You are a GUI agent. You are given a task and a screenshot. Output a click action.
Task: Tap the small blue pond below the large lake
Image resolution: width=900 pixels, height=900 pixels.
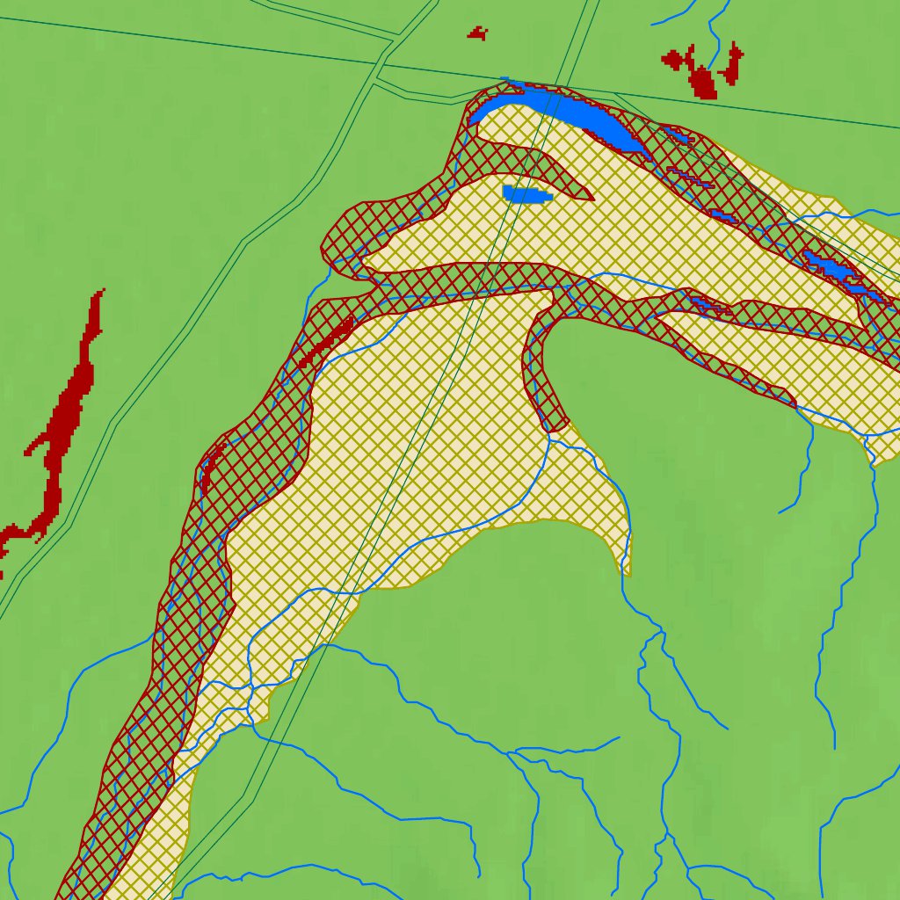click(x=525, y=194)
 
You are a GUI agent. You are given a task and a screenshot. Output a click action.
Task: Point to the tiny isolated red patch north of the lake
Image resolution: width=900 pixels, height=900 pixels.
click(x=477, y=33)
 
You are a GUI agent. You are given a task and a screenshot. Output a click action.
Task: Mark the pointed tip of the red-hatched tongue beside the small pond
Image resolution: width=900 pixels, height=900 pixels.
click(x=591, y=198)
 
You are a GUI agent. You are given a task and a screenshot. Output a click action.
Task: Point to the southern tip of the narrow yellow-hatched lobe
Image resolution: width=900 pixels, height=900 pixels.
click(x=628, y=571)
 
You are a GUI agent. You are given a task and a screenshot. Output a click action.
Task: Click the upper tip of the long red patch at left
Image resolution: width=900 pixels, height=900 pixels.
click(x=102, y=291)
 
